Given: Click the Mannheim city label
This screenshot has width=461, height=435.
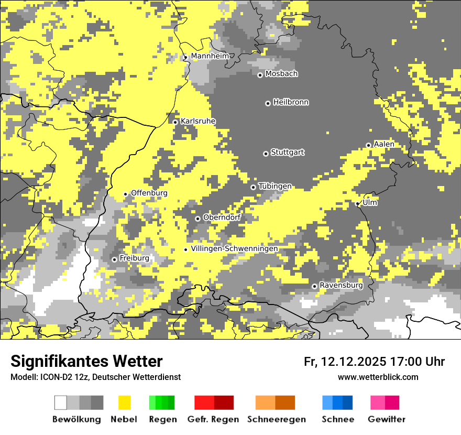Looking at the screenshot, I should click(x=210, y=56).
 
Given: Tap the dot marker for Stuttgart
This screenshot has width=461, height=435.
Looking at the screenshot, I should click(x=266, y=154).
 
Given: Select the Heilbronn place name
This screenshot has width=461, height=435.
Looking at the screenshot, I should click(x=291, y=102).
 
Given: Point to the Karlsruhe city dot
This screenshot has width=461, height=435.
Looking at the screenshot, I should click(x=175, y=122).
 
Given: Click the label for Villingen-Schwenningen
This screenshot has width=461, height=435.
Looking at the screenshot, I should click(x=235, y=248).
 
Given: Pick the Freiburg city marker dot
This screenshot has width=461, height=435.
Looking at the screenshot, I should click(x=114, y=259).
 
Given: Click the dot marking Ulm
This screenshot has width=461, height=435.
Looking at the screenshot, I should click(x=358, y=204).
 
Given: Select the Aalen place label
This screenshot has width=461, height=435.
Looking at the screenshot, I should click(x=384, y=144).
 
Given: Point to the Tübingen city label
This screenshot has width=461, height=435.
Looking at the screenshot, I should click(x=275, y=186).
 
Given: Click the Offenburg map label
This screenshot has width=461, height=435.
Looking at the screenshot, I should click(x=149, y=193).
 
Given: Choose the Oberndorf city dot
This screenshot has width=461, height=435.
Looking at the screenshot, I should click(x=197, y=219).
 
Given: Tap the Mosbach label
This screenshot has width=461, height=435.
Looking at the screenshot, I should click(x=281, y=74).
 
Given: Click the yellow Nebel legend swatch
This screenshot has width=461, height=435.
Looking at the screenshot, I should click(x=124, y=403).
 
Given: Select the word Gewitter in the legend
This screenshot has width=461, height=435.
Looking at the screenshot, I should click(x=387, y=419).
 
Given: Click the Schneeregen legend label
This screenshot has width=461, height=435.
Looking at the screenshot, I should click(x=277, y=419).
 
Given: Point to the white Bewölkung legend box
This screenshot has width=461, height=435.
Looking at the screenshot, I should click(x=61, y=403).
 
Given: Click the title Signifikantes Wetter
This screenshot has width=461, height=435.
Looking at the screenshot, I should click(x=86, y=361).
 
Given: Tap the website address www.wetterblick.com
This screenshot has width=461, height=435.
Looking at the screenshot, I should click(x=378, y=377).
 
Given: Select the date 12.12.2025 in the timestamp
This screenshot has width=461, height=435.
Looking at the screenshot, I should click(x=354, y=362).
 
